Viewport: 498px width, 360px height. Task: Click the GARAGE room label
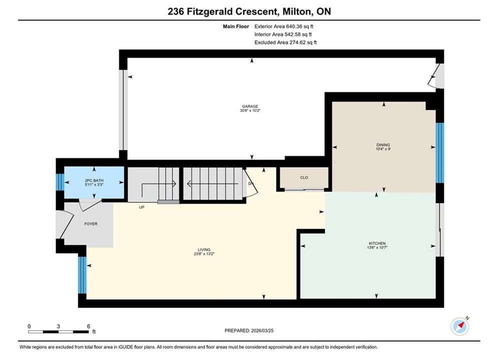[x=250, y=106]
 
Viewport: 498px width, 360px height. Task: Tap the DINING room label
[x=383, y=144]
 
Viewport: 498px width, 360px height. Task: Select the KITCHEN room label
[x=377, y=243]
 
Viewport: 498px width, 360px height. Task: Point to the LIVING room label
[x=204, y=249]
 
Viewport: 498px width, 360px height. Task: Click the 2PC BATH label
[x=94, y=180]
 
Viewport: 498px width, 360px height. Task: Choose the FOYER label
[x=91, y=223]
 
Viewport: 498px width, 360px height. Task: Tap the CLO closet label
[x=304, y=177]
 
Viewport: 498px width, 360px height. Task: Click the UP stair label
[x=142, y=207]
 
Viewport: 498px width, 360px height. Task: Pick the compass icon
[x=459, y=325]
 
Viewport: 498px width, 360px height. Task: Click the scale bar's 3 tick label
[x=59, y=326]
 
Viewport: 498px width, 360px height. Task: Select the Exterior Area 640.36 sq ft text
[x=284, y=26]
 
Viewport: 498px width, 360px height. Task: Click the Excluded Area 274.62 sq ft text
[x=285, y=42]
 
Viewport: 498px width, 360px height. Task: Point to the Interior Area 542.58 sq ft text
[x=283, y=34]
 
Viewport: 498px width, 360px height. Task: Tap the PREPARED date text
[x=249, y=330]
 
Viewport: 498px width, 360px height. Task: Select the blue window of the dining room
[x=439, y=153]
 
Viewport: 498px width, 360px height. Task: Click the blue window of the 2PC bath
[x=60, y=182]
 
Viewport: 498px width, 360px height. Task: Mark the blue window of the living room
[x=82, y=275]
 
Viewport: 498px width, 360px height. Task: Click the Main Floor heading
[x=236, y=26]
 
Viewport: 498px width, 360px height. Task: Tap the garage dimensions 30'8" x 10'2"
[x=250, y=110]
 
